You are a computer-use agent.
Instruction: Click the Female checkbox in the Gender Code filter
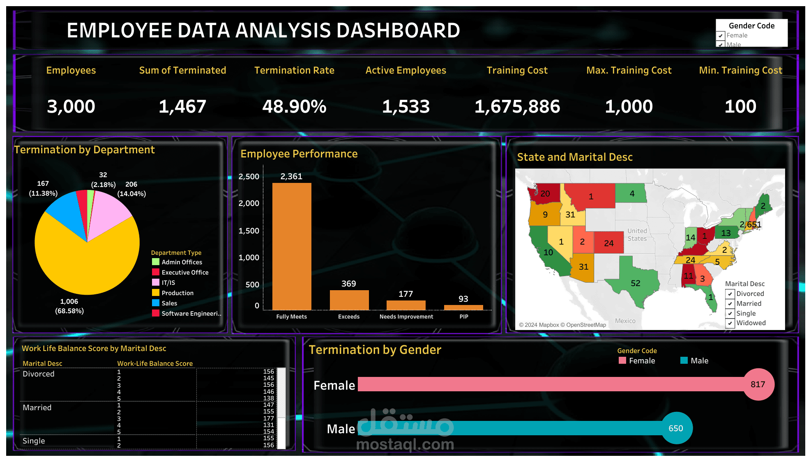point(721,36)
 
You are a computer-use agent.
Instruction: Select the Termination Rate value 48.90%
point(294,106)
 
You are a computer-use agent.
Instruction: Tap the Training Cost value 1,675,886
point(517,106)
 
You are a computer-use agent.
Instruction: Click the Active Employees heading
point(405,70)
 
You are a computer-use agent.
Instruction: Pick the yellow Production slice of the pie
point(82,263)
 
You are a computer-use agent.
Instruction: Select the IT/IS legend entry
point(168,283)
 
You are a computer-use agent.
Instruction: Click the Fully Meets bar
point(292,247)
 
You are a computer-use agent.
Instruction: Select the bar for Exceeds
point(349,300)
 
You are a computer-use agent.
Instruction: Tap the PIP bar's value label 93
point(463,299)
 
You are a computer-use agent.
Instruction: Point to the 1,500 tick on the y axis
point(249,231)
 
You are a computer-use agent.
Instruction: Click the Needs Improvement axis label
point(406,316)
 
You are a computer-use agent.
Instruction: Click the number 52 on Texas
point(635,283)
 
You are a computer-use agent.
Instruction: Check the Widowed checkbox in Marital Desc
point(730,323)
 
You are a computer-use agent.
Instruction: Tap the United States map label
point(637,235)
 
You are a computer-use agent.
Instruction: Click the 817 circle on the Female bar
point(758,384)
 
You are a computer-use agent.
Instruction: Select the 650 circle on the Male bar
point(676,428)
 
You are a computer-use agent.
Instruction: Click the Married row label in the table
point(37,408)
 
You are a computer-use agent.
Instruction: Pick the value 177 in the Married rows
point(268,418)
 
